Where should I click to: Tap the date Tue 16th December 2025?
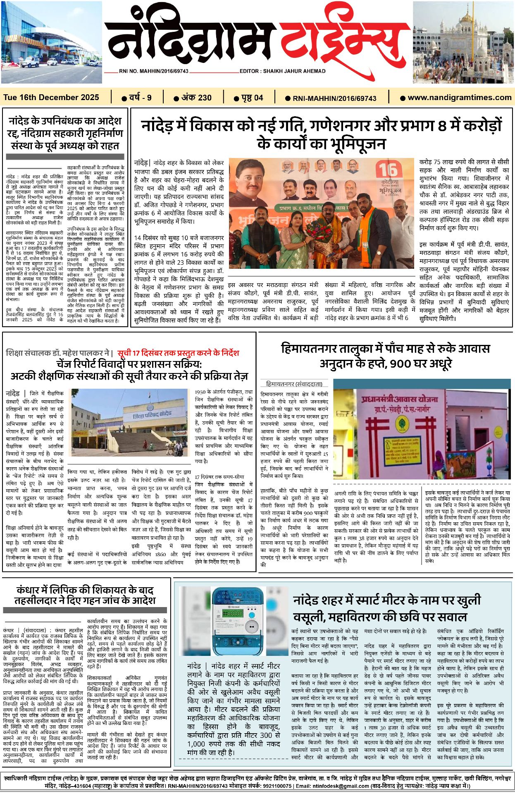pos(51,98)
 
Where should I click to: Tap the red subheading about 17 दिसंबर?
pos(178,353)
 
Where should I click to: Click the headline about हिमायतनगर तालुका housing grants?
pos(385,356)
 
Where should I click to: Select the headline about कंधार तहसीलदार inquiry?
pos(85,595)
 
